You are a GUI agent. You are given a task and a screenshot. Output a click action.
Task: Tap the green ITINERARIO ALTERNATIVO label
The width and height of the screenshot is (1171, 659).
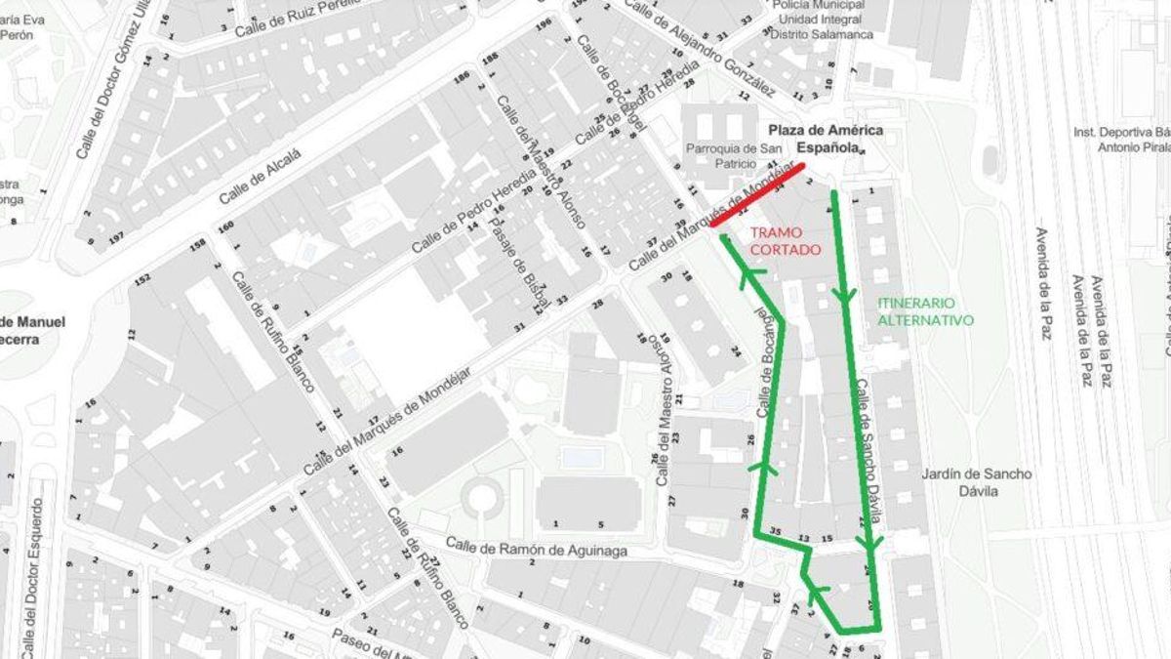click(x=925, y=310)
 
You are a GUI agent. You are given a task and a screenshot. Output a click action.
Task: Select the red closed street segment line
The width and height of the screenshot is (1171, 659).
click(x=757, y=195)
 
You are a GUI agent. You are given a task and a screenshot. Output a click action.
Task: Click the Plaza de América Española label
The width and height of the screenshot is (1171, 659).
click(x=825, y=139)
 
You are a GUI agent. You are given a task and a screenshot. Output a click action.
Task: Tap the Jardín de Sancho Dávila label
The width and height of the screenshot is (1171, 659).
click(x=977, y=482)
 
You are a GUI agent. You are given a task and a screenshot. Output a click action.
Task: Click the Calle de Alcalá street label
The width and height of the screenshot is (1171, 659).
click(x=261, y=176)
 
